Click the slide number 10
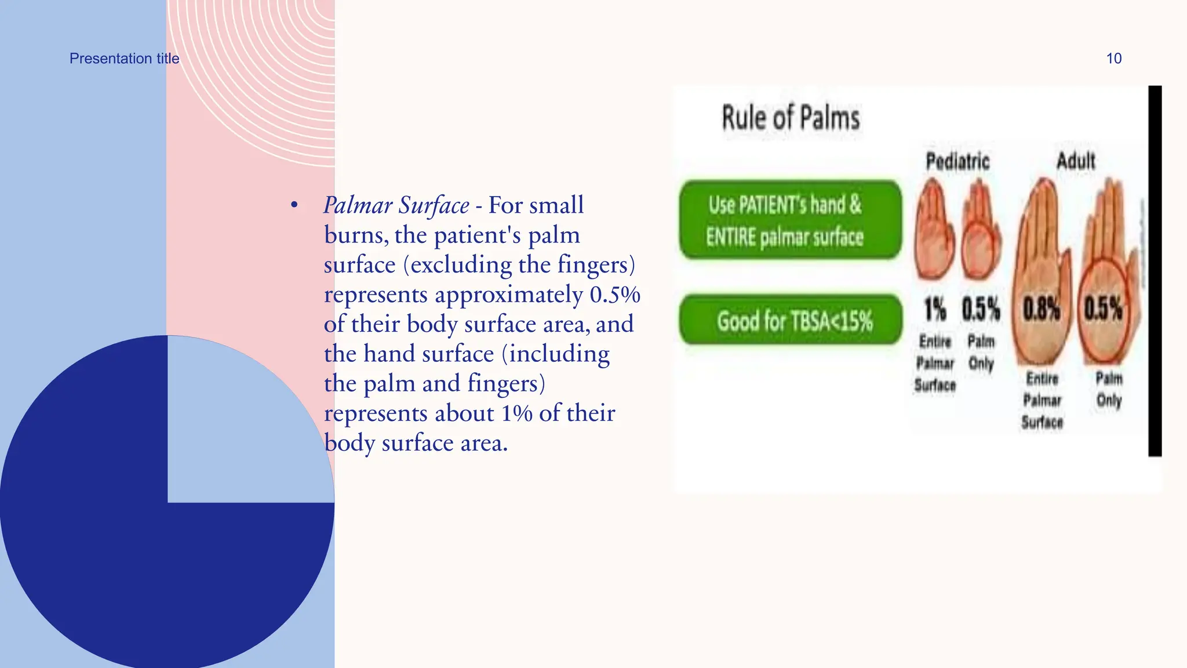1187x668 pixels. point(1113,59)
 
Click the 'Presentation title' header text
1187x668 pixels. point(124,59)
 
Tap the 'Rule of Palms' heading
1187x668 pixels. point(790,118)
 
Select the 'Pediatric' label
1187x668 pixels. point(957,161)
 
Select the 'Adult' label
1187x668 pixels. point(1076,161)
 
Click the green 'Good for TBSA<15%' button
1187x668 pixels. point(791,320)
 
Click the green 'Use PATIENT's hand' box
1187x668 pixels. point(791,220)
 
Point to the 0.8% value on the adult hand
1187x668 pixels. point(1041,309)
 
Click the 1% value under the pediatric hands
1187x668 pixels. point(934,309)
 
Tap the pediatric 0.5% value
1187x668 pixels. point(981,309)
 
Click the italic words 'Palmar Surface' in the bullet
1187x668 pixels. point(396,205)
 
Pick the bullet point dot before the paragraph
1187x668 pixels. point(294,205)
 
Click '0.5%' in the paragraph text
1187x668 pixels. point(614,295)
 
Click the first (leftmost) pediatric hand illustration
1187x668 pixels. point(934,232)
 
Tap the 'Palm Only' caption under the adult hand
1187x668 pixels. point(1109,389)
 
